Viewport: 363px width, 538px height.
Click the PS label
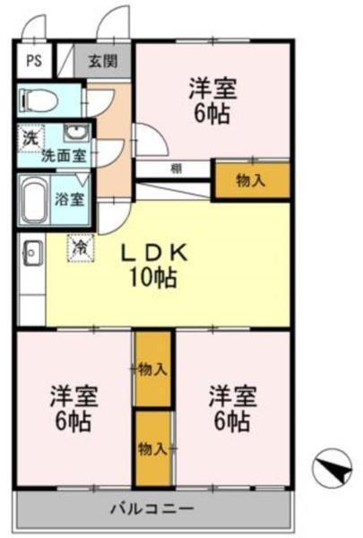point(33,62)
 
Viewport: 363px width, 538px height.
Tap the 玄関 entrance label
point(102,63)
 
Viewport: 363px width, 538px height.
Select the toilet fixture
point(40,100)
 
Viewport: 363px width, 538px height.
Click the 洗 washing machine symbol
point(30,138)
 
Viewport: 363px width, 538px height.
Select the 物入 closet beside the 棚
point(251,180)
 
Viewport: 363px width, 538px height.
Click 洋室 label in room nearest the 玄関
point(212,90)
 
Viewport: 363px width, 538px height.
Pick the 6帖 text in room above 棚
point(212,115)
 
